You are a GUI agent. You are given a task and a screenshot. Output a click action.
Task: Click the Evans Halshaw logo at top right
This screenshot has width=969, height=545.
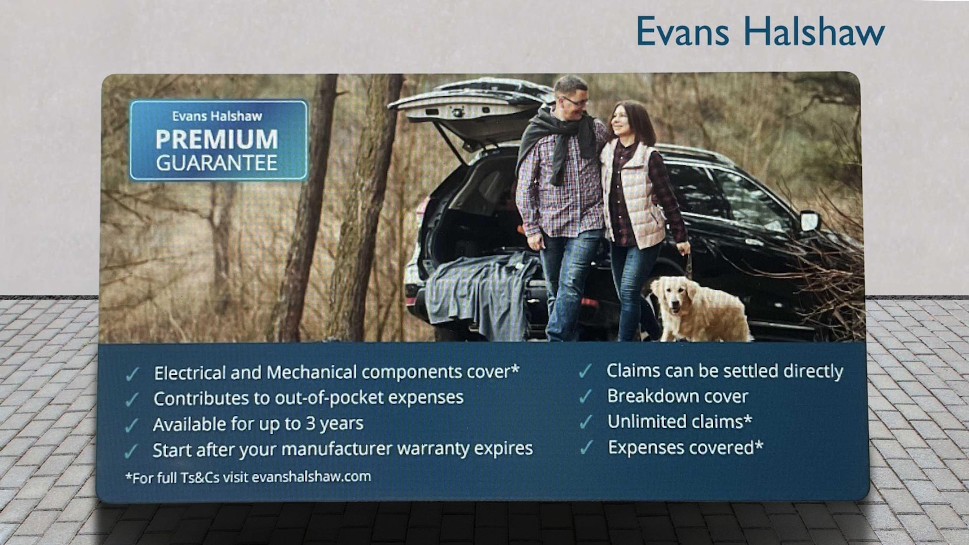(760, 31)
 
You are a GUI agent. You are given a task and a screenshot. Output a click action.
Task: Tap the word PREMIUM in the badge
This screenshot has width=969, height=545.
(216, 139)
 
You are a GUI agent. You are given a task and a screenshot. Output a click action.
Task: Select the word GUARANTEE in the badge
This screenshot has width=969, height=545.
(216, 163)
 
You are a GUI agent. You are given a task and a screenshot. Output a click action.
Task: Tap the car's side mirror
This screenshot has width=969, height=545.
(809, 221)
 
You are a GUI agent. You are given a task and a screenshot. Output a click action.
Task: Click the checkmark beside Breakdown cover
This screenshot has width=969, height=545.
(585, 396)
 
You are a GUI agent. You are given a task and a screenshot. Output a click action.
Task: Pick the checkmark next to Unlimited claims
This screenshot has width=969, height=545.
(585, 422)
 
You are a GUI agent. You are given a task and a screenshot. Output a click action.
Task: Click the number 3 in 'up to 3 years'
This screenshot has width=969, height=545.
(311, 424)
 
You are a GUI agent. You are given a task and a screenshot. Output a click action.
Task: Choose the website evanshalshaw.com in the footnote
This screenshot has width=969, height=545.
(311, 477)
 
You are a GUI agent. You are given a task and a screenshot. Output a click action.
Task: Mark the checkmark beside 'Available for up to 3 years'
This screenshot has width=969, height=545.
(131, 426)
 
